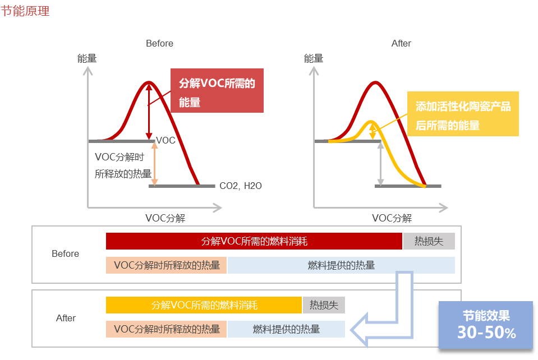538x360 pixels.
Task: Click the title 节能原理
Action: [x=25, y=11]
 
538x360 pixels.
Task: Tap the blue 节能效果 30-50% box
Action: [x=485, y=325]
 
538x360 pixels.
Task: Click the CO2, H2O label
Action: [x=241, y=186]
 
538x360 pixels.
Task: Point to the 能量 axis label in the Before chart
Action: [x=87, y=58]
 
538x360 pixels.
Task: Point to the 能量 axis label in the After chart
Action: [x=314, y=58]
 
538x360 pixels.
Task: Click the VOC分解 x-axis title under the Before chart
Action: [x=165, y=218]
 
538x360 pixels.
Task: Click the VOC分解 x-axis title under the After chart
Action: [x=392, y=218]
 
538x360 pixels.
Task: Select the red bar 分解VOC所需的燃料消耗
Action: [x=254, y=241]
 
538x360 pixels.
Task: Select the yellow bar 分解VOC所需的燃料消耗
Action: [x=204, y=305]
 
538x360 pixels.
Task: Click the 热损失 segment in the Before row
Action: [x=429, y=241]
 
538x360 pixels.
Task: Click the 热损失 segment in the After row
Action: [x=324, y=305]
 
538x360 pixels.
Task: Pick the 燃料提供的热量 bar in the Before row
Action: [x=341, y=265]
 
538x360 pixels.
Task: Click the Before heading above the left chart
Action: [x=159, y=43]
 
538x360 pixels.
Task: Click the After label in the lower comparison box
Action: [x=66, y=318]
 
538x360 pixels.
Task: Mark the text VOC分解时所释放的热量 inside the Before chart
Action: [x=123, y=165]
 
